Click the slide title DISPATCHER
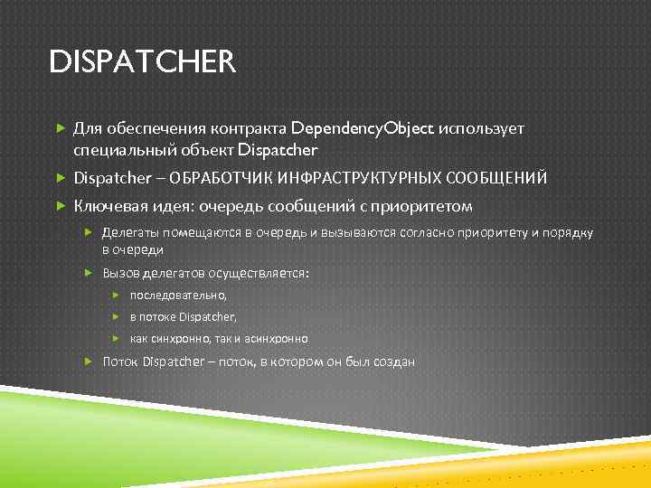coord(142,63)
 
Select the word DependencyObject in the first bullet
coord(363,128)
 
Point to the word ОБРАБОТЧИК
coord(222,178)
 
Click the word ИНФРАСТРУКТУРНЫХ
coord(370,178)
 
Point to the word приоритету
coord(495,232)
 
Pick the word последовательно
coord(178,295)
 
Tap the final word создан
coord(395,361)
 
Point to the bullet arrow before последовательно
coord(117,295)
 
